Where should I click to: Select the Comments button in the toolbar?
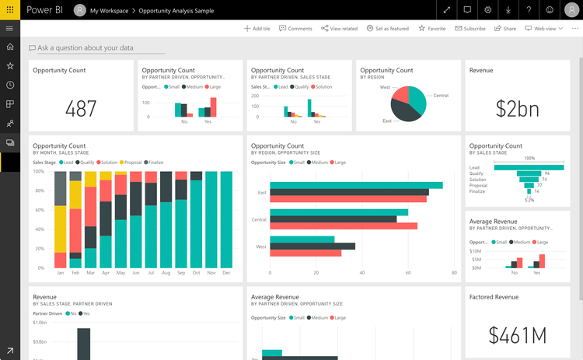pyautogui.click(x=295, y=28)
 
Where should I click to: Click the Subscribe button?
pyautogui.click(x=470, y=28)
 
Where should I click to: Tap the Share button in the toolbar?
pyautogui.click(x=505, y=28)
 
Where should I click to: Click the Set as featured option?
pyautogui.click(x=387, y=28)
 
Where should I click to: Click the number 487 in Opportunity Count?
pyautogui.click(x=81, y=109)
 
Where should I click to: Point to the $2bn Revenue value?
pyautogui.click(x=518, y=109)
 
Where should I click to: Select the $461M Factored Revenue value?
pyautogui.click(x=518, y=335)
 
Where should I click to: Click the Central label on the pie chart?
pyautogui.click(x=441, y=96)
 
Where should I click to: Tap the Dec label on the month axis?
pyautogui.click(x=227, y=273)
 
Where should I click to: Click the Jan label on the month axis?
pyautogui.click(x=61, y=273)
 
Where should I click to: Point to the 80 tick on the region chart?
pyautogui.click(x=454, y=273)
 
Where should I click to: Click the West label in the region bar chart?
pyautogui.click(x=262, y=246)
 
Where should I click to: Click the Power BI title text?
pyautogui.click(x=46, y=10)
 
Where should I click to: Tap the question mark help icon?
pyautogui.click(x=529, y=10)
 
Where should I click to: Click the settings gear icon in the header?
pyautogui.click(x=488, y=10)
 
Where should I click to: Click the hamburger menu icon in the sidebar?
pyautogui.click(x=10, y=28)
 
